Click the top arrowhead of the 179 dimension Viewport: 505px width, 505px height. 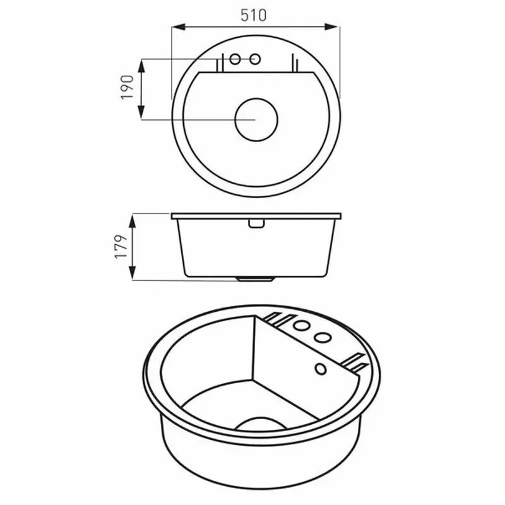(133, 218)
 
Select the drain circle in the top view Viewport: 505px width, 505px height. (256, 119)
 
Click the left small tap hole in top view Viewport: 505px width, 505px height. (235, 59)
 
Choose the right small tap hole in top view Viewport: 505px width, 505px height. (256, 59)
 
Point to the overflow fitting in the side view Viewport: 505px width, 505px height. (256, 223)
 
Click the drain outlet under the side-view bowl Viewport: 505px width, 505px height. (256, 278)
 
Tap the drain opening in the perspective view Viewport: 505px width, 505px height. (256, 422)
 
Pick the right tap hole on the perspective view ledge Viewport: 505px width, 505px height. (323, 336)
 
